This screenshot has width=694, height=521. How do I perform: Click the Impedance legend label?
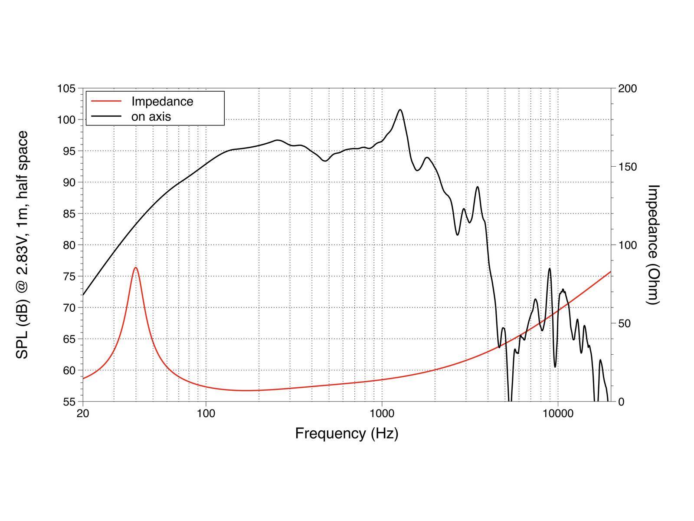(162, 102)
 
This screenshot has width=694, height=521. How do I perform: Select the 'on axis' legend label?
(151, 116)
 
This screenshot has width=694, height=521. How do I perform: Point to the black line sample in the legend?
(106, 116)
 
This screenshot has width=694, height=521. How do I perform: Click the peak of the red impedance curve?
(136, 268)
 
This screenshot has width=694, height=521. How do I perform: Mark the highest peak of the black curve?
(400, 110)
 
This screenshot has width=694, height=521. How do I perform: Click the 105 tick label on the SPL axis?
(66, 89)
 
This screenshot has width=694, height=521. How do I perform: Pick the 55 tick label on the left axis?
(69, 402)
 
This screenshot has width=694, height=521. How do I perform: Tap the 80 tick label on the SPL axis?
(69, 245)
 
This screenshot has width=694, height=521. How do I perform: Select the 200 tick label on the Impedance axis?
(627, 89)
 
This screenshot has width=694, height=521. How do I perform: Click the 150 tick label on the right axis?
(627, 167)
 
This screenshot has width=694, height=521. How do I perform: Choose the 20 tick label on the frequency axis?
(83, 413)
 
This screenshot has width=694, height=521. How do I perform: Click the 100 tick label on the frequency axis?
(206, 413)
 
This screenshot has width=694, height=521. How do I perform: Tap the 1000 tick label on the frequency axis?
(382, 413)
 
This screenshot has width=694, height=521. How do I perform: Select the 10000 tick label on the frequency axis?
(558, 413)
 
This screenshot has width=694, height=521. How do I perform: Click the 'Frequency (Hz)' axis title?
(347, 433)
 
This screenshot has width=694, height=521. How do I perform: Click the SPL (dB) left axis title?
(22, 245)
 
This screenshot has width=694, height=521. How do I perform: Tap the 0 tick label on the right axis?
(621, 402)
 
